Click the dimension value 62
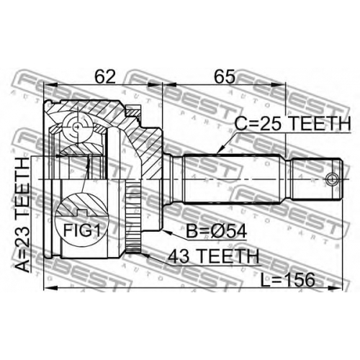click(105, 76)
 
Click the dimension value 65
click(225, 76)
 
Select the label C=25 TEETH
click(292, 123)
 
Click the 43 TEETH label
click(213, 256)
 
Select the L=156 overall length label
click(287, 279)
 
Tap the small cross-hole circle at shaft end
click(332, 179)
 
